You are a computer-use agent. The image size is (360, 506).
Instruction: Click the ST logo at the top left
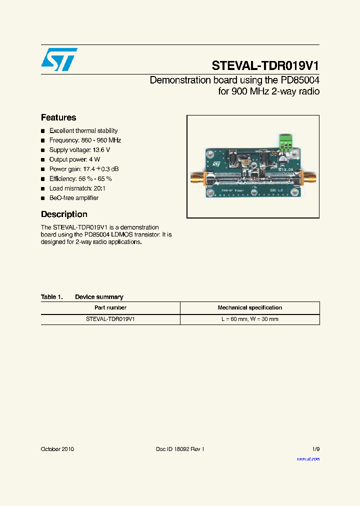[x=59, y=59]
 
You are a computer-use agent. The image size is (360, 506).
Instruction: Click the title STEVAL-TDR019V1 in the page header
[x=265, y=66]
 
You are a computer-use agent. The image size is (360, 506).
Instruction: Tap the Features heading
[x=58, y=117]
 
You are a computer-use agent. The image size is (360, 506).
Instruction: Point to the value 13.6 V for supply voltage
[x=101, y=150]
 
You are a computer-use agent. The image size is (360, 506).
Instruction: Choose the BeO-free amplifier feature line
[x=74, y=198]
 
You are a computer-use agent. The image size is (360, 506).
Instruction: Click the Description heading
[x=64, y=214]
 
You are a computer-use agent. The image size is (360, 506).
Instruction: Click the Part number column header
[x=110, y=308]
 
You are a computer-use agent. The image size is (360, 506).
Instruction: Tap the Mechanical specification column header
[x=249, y=308]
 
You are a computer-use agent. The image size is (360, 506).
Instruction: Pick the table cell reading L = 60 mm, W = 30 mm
[x=249, y=319]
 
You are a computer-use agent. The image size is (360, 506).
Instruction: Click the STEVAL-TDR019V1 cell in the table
[x=110, y=319]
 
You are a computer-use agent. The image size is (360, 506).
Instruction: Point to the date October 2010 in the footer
[x=57, y=449]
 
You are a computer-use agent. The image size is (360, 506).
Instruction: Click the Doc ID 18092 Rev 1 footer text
[x=180, y=449]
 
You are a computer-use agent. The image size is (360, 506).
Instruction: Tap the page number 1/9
[x=315, y=449]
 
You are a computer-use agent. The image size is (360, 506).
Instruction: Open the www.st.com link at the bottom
[x=308, y=458]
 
